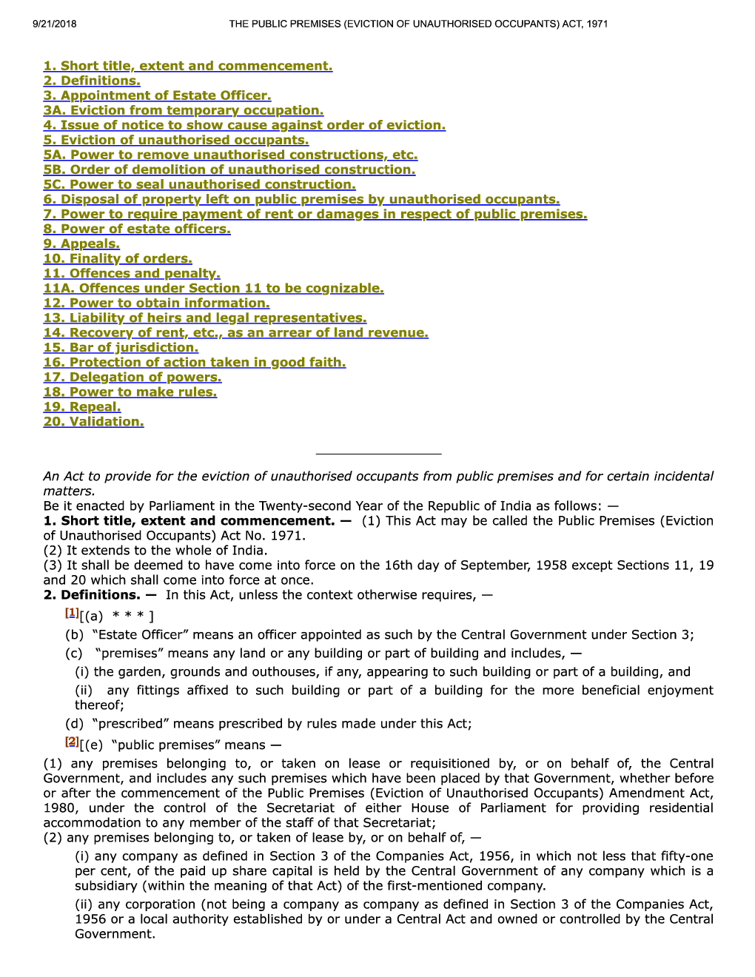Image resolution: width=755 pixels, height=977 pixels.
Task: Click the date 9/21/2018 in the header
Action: pos(54,24)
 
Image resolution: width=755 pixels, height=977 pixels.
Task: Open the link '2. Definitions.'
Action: pos(92,81)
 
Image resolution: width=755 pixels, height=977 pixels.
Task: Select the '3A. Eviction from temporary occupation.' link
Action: pos(183,110)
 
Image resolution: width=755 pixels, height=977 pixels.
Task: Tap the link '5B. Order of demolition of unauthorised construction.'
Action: pos(229,169)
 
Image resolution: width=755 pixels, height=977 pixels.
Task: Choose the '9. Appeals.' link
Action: pos(81,244)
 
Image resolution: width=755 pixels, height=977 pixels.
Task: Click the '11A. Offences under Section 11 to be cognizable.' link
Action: pos(213,288)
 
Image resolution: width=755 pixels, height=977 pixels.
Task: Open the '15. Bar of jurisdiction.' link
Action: pos(121,347)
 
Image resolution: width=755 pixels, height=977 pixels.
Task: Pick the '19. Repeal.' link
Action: pos(82,406)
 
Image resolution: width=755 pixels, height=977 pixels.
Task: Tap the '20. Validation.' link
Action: pos(93,421)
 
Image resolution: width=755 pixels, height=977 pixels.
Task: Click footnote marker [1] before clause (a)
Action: pos(72,612)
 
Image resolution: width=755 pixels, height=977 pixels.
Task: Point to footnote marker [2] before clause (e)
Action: pos(72,741)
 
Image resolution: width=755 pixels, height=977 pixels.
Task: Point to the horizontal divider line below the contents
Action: pos(378,453)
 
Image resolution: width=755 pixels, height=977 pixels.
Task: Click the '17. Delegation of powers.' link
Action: pos(132,377)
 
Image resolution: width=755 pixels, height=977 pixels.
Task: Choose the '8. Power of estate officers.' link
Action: pos(137,229)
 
